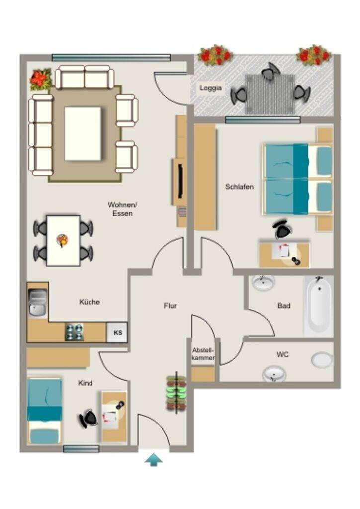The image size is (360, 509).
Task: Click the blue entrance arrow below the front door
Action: (x=153, y=460)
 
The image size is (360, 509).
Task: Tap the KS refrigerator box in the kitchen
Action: (x=117, y=333)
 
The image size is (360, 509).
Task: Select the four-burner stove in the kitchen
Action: (x=75, y=332)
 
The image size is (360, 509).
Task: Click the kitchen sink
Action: (x=38, y=302)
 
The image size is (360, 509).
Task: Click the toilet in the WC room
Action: (x=322, y=360)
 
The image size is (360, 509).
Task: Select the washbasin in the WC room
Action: (x=274, y=374)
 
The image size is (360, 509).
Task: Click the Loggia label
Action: (x=211, y=88)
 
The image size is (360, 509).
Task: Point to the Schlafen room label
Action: (x=239, y=187)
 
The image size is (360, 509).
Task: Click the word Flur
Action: (x=170, y=306)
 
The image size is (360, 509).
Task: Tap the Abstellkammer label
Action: (x=203, y=354)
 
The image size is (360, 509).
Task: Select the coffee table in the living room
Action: (x=83, y=133)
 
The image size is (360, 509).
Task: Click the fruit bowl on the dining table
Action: (x=62, y=240)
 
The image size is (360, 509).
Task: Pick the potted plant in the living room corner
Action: (x=41, y=79)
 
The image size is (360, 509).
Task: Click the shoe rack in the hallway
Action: (x=176, y=393)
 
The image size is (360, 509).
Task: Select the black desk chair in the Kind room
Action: (x=88, y=419)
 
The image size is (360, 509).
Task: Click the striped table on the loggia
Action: (x=270, y=94)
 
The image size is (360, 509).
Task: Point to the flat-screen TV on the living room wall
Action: (x=180, y=181)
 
